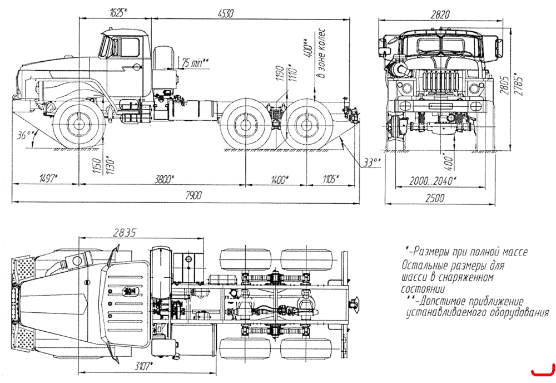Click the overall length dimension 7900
pos(193,195)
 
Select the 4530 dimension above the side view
pos(226,13)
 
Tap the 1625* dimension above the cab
pos(119,13)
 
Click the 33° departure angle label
pos(372,163)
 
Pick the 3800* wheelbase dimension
pos(164,179)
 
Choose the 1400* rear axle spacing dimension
pos(279,180)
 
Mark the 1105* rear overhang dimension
pos(331,179)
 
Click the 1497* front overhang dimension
pos(48,178)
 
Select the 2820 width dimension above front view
pos(440,14)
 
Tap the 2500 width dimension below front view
pos(435,198)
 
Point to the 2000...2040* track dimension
pos(433,181)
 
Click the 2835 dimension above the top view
pos(125,233)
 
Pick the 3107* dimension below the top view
pos(143,366)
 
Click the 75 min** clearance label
pos(195,63)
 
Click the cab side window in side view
pos(130,47)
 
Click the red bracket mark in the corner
pos(543,371)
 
